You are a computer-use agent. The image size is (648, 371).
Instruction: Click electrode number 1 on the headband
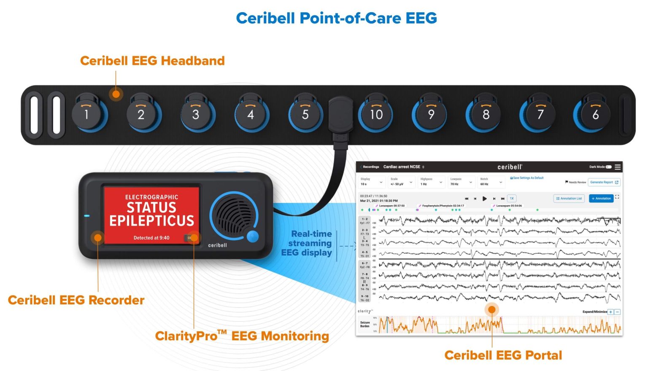(x=86, y=114)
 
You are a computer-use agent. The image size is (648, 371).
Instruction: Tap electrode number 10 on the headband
(x=376, y=114)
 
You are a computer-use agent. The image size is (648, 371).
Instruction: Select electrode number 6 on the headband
(x=595, y=114)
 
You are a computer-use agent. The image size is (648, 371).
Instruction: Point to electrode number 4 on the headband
(x=251, y=114)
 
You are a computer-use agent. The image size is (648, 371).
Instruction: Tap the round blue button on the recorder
(x=252, y=236)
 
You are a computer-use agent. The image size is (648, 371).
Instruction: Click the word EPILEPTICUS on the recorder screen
(x=151, y=220)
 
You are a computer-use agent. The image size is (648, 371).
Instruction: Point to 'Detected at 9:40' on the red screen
(x=151, y=238)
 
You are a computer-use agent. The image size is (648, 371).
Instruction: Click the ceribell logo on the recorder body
(x=217, y=245)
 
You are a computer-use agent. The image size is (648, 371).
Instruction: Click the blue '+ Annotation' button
(x=601, y=198)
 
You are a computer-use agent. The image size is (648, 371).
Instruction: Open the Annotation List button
(x=569, y=198)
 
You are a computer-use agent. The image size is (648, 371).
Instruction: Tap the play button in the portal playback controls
(x=484, y=198)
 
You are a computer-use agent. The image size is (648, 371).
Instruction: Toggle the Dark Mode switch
(x=608, y=167)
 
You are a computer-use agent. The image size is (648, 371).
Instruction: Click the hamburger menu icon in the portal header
(x=618, y=167)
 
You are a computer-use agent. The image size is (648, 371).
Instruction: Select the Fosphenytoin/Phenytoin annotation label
(x=443, y=206)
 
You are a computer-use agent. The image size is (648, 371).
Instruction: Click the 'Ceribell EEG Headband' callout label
(x=152, y=61)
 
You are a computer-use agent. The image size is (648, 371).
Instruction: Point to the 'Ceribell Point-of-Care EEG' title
(x=336, y=18)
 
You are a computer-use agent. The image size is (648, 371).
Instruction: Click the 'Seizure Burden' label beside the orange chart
(x=365, y=324)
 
